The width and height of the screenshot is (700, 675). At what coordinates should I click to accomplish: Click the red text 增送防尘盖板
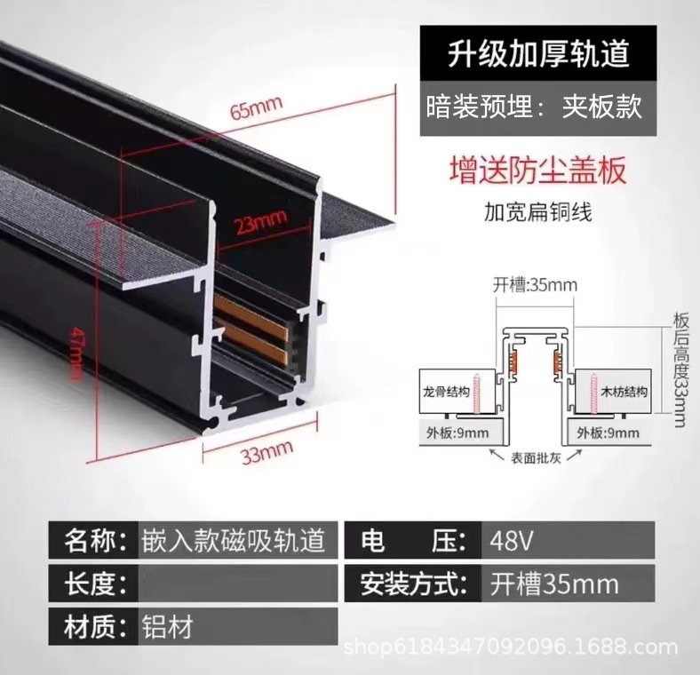pos(538,169)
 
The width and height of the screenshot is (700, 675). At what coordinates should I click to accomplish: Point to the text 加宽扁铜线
pos(538,213)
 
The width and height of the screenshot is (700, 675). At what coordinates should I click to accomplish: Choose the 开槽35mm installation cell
pos(554,584)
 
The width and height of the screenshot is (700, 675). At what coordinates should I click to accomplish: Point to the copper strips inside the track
pos(250,330)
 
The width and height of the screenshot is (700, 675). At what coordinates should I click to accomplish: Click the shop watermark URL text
pos(515,648)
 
